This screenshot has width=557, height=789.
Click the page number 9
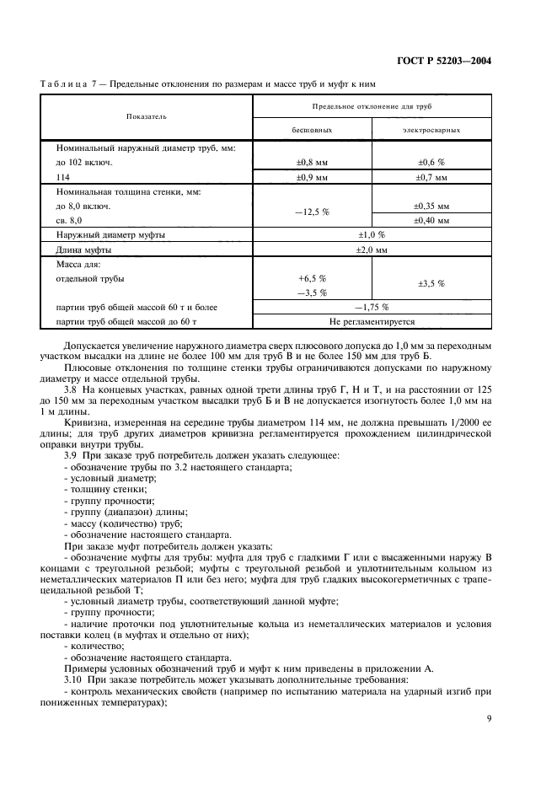click(489, 718)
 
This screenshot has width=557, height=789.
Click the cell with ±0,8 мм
click(312, 161)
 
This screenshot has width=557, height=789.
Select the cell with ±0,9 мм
click(312, 177)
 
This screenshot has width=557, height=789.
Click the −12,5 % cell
click(312, 212)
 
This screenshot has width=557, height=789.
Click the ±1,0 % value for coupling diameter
click(371, 235)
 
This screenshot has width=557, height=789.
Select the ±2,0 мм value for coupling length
click(371, 250)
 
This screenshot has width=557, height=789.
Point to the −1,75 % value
click(371, 307)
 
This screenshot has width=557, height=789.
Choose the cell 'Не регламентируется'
click(371, 321)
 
